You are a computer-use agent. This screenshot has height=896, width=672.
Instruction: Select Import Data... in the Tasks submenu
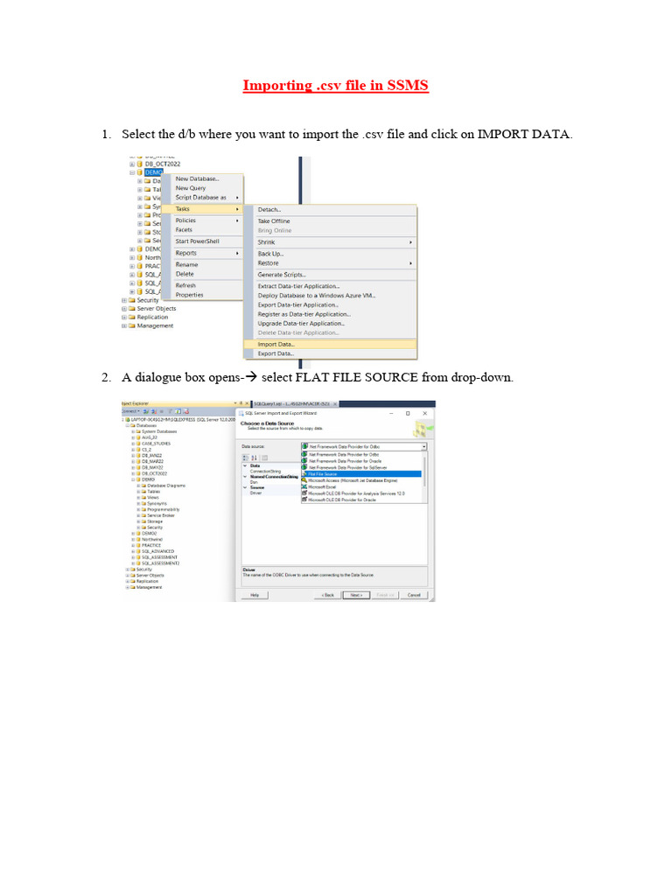point(276,344)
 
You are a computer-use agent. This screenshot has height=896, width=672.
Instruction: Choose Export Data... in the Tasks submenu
point(276,353)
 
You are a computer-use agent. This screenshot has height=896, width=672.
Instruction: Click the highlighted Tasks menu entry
point(183,209)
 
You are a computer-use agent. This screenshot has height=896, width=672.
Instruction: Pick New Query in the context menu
point(190,188)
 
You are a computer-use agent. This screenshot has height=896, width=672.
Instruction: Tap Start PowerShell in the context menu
point(197,241)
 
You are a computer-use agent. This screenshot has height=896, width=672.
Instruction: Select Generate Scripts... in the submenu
point(281,275)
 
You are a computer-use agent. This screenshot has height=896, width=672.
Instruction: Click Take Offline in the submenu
point(273,221)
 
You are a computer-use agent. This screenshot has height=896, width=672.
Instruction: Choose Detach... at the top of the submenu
point(269,210)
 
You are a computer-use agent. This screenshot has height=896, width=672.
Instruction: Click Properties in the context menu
point(189,295)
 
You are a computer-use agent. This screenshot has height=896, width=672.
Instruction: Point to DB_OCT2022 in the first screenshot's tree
point(162,164)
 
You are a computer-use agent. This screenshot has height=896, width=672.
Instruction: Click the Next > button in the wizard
point(354,594)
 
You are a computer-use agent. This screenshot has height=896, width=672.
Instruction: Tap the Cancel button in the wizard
point(414,594)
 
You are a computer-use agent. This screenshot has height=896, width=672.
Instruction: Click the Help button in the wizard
point(255,594)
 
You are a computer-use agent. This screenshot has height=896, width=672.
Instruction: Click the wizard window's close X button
point(425,413)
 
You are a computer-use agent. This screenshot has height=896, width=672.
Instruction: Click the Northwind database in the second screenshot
point(152,539)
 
